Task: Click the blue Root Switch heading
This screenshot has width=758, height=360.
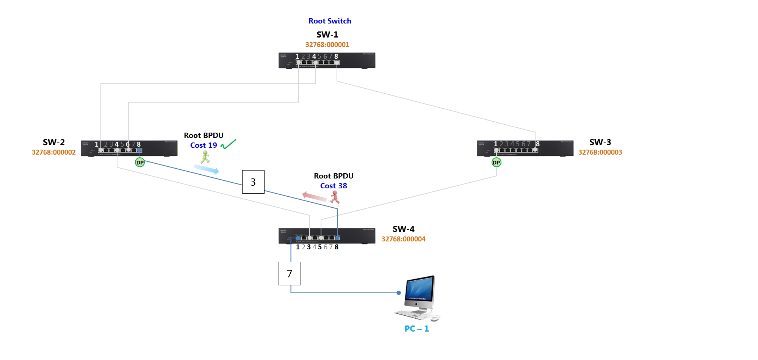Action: [x=330, y=21]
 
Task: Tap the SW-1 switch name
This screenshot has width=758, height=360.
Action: [x=327, y=34]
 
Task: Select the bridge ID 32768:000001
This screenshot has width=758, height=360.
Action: [x=327, y=45]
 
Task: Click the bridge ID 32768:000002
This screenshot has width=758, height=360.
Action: [x=53, y=152]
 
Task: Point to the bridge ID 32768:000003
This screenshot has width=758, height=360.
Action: [x=600, y=152]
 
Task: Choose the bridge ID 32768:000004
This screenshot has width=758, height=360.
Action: [x=403, y=239]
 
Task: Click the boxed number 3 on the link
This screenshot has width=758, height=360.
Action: [x=253, y=182]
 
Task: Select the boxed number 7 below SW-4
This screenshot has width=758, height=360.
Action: [x=290, y=274]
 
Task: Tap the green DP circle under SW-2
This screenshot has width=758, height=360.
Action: [x=140, y=163]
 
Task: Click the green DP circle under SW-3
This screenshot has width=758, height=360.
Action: [x=496, y=163]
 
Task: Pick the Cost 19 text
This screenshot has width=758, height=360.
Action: [x=204, y=146]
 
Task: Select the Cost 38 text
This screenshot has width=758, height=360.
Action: [x=334, y=186]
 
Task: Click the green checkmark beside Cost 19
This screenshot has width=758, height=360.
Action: [x=229, y=144]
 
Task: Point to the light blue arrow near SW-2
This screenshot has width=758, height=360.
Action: [x=207, y=169]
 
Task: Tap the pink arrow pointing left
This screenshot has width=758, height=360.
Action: [x=314, y=196]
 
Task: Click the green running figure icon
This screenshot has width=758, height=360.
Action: [x=205, y=157]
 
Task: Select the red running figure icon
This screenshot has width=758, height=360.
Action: [x=335, y=197]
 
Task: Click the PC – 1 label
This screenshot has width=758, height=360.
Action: [x=417, y=329]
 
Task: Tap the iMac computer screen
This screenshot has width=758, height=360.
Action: [x=420, y=289]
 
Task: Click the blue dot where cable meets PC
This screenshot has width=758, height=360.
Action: [x=398, y=293]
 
